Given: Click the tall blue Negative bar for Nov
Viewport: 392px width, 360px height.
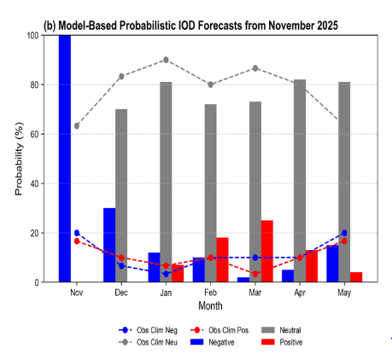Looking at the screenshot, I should click(x=65, y=159).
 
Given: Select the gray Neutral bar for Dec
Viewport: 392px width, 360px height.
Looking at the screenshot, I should click(x=121, y=195).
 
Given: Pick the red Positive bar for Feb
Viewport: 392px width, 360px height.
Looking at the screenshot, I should click(x=222, y=259).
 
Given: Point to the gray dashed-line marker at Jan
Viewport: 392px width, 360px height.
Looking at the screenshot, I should click(x=166, y=60).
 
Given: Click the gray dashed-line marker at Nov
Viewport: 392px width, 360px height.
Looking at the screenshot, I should click(x=77, y=125).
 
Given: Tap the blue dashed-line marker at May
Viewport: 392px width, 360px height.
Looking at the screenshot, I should click(x=344, y=232).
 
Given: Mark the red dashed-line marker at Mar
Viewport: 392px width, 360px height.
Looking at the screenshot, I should click(x=255, y=274).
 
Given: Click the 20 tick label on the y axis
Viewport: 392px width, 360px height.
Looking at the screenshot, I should click(x=31, y=233).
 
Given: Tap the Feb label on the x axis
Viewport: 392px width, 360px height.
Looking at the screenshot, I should click(x=210, y=291).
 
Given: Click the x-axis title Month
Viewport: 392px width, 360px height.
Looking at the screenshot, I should click(x=211, y=305).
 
